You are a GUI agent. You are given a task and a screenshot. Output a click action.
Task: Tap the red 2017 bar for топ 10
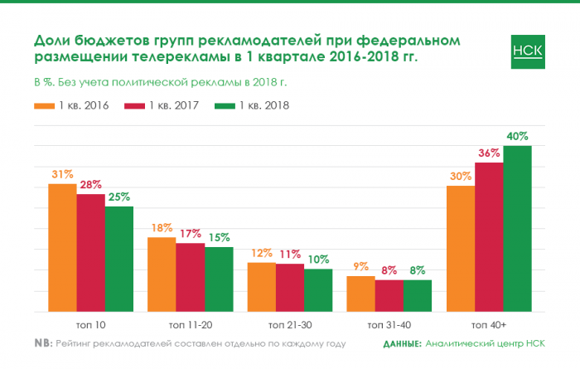click(x=91, y=253)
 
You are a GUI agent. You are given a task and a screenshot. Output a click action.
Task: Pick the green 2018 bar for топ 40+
click(x=517, y=229)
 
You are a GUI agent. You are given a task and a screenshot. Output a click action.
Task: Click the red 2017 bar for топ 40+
click(x=489, y=237)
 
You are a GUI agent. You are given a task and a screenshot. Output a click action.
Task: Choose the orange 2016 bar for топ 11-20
click(x=162, y=274)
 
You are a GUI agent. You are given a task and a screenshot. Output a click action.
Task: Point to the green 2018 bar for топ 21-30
click(x=318, y=290)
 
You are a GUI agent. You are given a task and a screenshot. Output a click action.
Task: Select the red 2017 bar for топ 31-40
click(x=389, y=296)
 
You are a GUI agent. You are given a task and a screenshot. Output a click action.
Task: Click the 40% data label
click(x=518, y=136)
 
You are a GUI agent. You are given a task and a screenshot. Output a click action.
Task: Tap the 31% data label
click(x=62, y=174)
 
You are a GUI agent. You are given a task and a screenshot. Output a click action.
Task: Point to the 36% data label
click(x=489, y=153)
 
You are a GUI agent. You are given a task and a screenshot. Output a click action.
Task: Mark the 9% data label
click(x=360, y=267)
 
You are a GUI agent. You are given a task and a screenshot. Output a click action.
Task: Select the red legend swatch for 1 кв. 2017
click(x=134, y=106)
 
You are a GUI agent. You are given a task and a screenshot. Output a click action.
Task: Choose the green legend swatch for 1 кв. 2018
click(x=225, y=106)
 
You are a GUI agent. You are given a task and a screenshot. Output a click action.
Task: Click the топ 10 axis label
click(x=90, y=323)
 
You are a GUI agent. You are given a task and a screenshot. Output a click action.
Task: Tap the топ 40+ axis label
click(x=489, y=323)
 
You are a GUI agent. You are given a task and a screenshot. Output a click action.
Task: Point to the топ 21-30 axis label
click(x=289, y=323)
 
